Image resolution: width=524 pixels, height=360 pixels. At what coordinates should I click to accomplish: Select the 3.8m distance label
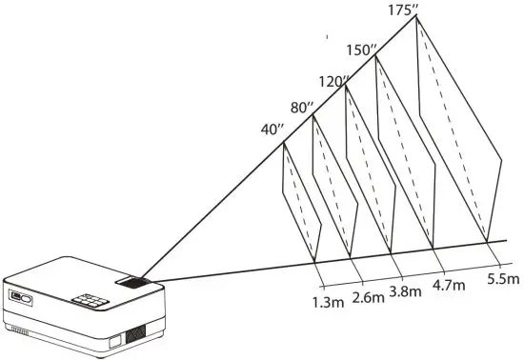[405, 291]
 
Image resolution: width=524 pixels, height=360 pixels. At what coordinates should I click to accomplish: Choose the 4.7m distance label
[449, 284]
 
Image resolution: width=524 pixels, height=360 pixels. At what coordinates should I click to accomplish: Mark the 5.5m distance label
[502, 280]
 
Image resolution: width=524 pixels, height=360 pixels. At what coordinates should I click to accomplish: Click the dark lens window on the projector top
[133, 284]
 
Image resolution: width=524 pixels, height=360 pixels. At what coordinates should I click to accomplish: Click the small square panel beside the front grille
[113, 338]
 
